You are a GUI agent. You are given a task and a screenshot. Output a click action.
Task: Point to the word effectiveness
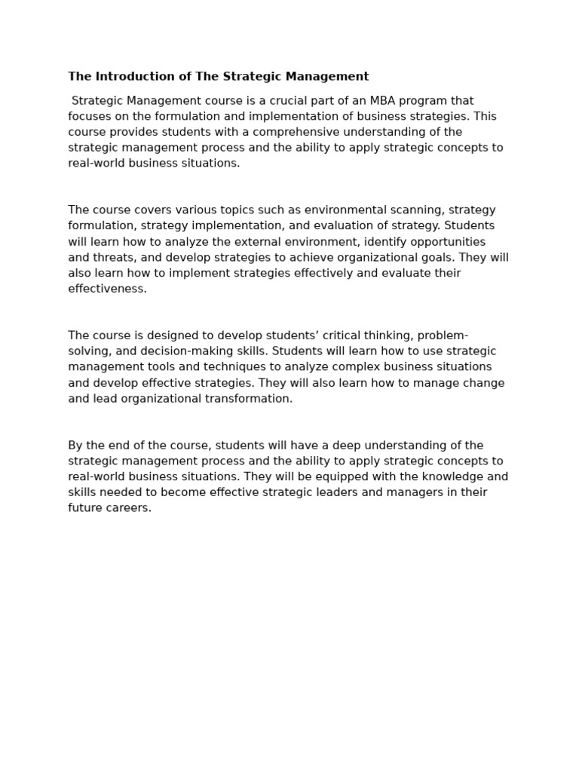click(x=107, y=289)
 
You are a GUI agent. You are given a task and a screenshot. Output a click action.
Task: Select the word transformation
click(x=249, y=399)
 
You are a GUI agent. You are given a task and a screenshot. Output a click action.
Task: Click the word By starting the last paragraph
click(x=75, y=446)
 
